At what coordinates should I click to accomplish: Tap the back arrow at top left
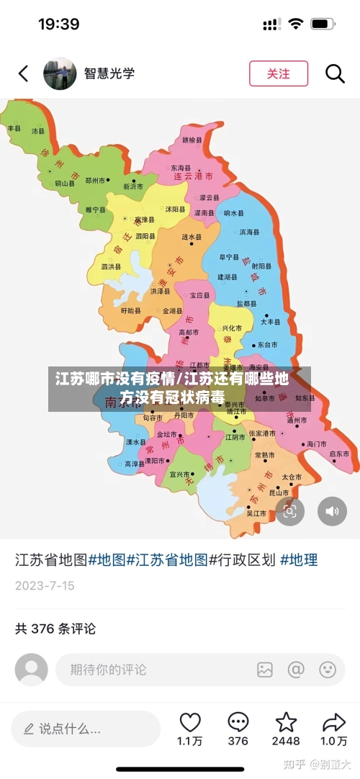click(x=24, y=73)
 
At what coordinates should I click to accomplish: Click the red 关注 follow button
click(x=278, y=73)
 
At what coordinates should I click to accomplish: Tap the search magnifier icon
click(x=335, y=73)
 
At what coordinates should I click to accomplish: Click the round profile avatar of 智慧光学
click(x=60, y=73)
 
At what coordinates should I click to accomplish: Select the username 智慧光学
click(x=109, y=73)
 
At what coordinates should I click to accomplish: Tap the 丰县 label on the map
click(x=14, y=127)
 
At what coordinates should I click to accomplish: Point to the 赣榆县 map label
click(x=192, y=140)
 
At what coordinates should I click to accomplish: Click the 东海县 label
click(x=181, y=167)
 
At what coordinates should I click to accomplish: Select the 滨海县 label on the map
click(x=249, y=233)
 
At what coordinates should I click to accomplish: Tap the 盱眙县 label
click(x=131, y=310)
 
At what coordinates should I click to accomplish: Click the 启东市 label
click(x=338, y=454)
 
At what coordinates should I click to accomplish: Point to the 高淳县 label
click(x=135, y=464)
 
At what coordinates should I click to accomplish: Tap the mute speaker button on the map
click(x=332, y=511)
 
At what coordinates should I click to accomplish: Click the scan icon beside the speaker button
click(x=290, y=511)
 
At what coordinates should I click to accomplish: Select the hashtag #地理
click(x=299, y=559)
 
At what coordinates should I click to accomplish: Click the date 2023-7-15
click(x=45, y=585)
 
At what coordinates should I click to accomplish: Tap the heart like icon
click(x=190, y=722)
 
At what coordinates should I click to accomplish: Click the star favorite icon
click(x=286, y=722)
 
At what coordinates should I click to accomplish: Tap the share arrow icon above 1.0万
click(x=333, y=722)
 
